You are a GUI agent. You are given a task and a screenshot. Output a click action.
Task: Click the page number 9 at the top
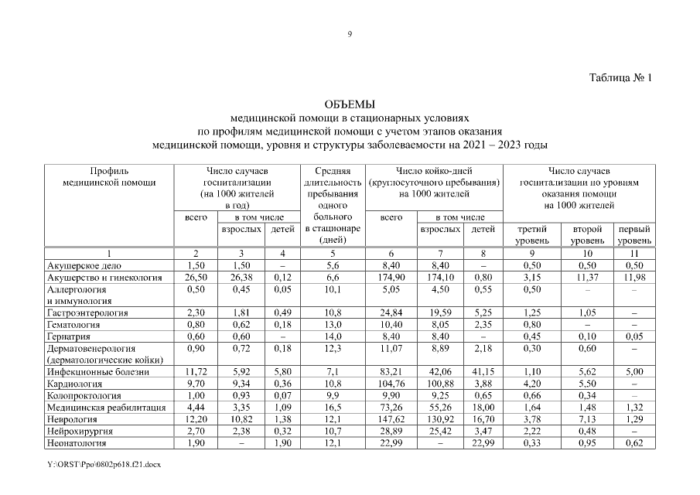350,33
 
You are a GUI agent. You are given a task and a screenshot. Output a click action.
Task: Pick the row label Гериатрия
68,336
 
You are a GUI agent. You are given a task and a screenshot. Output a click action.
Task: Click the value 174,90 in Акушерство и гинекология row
394,277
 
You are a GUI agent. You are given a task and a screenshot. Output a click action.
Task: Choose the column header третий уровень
531,235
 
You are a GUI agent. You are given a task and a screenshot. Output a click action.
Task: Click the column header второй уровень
587,235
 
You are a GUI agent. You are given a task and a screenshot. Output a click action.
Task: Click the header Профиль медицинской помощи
109,176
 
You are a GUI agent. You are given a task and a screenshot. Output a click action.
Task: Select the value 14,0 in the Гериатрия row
332,336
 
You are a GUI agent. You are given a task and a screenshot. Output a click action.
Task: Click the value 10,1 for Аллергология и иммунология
332,289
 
